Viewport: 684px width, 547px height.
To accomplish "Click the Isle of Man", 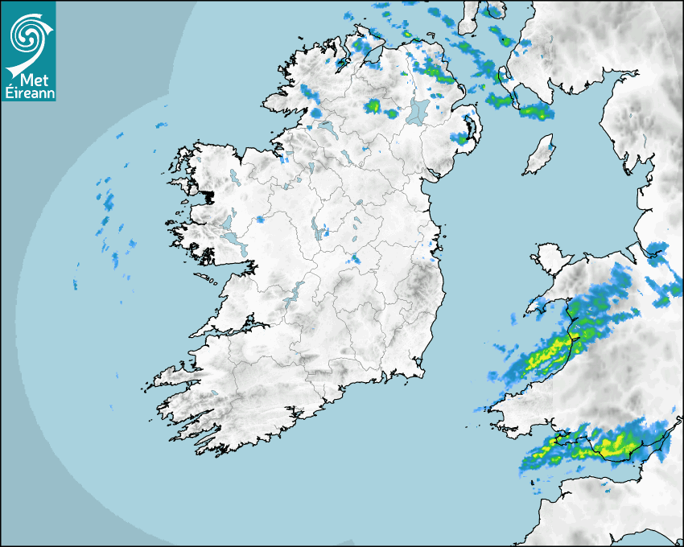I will point(540,156).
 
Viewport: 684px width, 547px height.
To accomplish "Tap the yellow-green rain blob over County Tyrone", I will point(373,105).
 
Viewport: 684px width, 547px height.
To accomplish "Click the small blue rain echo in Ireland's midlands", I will point(355,259).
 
